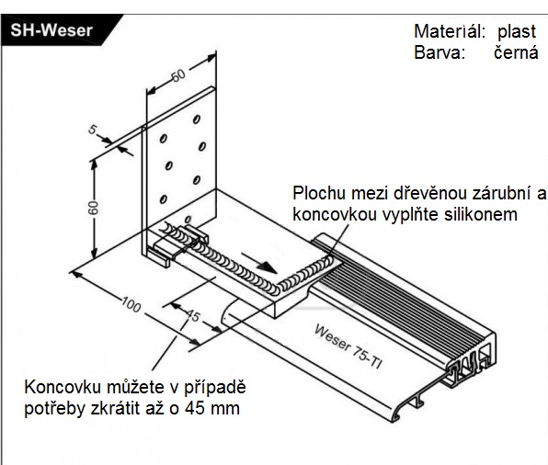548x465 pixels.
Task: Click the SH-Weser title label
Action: point(51,30)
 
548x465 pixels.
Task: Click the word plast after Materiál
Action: point(516,32)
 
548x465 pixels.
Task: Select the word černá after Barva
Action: point(516,53)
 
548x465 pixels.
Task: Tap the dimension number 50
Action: point(178,75)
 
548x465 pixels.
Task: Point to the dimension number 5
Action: point(92,130)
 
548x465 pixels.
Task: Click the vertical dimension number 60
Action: point(93,208)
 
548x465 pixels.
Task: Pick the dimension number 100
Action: point(131,305)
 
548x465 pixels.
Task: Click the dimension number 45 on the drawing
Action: point(192,316)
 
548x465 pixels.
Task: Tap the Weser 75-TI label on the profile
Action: point(348,346)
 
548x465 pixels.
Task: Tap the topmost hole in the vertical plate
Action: point(197,119)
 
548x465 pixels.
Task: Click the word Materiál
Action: point(450,31)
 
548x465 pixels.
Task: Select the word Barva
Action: point(440,52)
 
